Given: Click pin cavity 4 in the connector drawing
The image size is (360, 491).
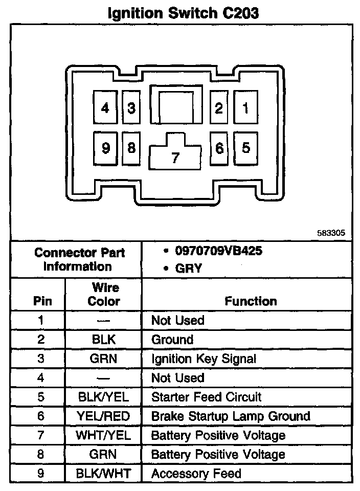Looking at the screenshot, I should pyautogui.click(x=105, y=108).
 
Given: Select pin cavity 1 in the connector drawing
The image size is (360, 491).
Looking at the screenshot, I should pyautogui.click(x=246, y=108).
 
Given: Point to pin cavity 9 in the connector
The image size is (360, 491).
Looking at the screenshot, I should pyautogui.click(x=105, y=148).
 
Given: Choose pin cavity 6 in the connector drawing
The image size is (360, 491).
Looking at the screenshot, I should pyautogui.click(x=219, y=148).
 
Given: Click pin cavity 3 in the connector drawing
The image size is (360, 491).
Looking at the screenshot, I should pyautogui.click(x=131, y=108).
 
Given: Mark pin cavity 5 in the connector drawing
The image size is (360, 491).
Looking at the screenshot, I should pyautogui.click(x=246, y=148).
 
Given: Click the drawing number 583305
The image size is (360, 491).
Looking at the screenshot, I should pyautogui.click(x=331, y=233).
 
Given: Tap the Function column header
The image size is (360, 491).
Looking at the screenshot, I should pyautogui.click(x=251, y=301).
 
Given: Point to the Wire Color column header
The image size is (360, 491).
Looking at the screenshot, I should pyautogui.click(x=103, y=294).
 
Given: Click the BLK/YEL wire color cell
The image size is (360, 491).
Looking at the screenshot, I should pyautogui.click(x=103, y=397).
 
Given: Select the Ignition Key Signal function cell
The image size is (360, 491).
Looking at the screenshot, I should pyautogui.click(x=204, y=359).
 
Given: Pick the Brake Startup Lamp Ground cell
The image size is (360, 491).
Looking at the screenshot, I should pyautogui.click(x=231, y=416).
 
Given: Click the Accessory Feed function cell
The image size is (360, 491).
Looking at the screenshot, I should pyautogui.click(x=196, y=474).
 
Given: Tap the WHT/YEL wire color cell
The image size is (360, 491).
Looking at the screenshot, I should pyautogui.click(x=103, y=435).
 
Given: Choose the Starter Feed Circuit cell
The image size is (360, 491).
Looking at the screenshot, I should pyautogui.click(x=206, y=397).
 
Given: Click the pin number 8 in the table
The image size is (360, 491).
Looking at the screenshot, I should pyautogui.click(x=40, y=454).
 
